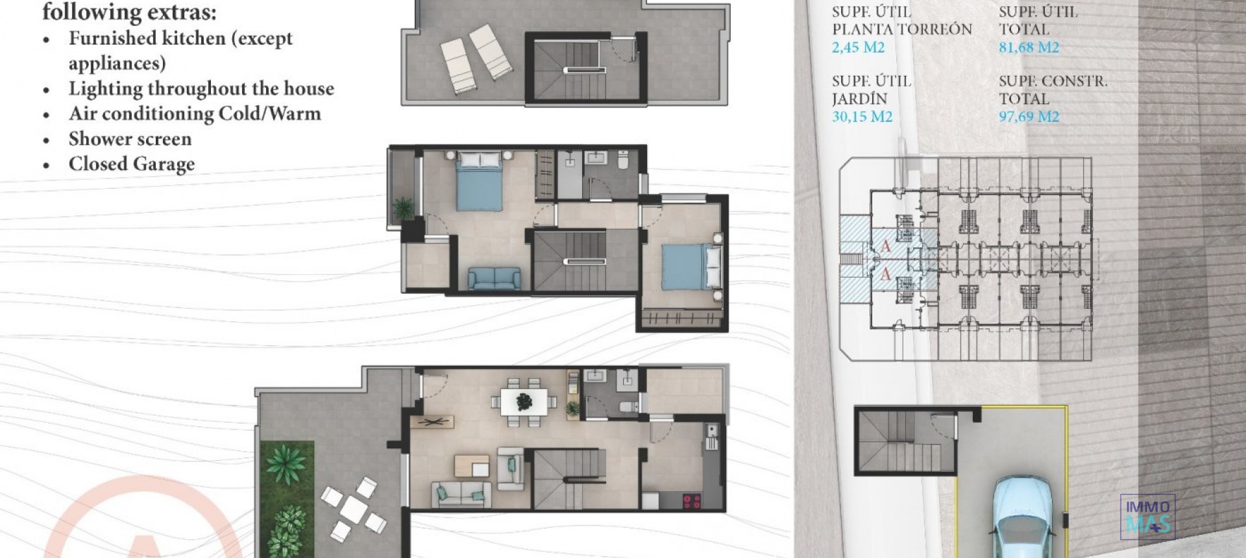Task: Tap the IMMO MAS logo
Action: [1147, 516]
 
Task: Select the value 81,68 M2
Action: [1029, 47]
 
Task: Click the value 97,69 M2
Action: [1029, 117]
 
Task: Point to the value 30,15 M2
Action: [862, 117]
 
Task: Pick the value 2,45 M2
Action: [858, 47]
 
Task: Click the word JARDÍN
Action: [859, 99]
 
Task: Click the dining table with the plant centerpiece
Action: [524, 402]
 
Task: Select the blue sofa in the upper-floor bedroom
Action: [494, 279]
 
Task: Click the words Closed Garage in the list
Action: [132, 164]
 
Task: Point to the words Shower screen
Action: [130, 139]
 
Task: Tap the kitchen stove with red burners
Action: [692, 501]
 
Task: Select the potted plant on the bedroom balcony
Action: [403, 208]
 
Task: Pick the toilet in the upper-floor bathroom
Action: [624, 160]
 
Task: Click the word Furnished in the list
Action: [111, 38]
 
